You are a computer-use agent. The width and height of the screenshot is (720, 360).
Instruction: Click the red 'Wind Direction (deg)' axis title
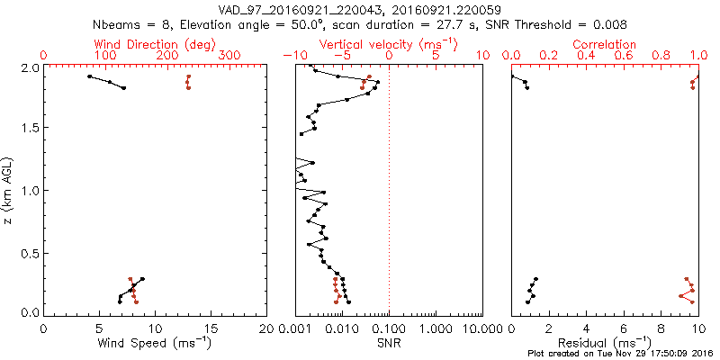pos(155,44)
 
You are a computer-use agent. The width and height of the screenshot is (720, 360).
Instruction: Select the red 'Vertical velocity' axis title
pos(389,44)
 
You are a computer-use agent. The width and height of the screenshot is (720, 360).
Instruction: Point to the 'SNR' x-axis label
pos(389,343)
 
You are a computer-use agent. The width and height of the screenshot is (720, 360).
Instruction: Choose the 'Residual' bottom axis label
pos(605,343)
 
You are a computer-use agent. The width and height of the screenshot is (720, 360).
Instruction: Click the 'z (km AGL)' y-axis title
pos(8,190)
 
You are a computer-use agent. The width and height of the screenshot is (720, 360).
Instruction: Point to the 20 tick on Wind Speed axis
pos(266,328)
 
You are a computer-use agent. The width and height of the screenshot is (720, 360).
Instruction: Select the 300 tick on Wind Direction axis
pos(229,56)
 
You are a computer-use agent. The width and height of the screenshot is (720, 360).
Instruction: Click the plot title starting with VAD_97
pos(360,10)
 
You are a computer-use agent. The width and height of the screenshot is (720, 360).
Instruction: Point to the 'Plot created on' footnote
pos(621,355)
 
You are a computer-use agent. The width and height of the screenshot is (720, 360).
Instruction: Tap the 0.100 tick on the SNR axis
pos(389,328)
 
